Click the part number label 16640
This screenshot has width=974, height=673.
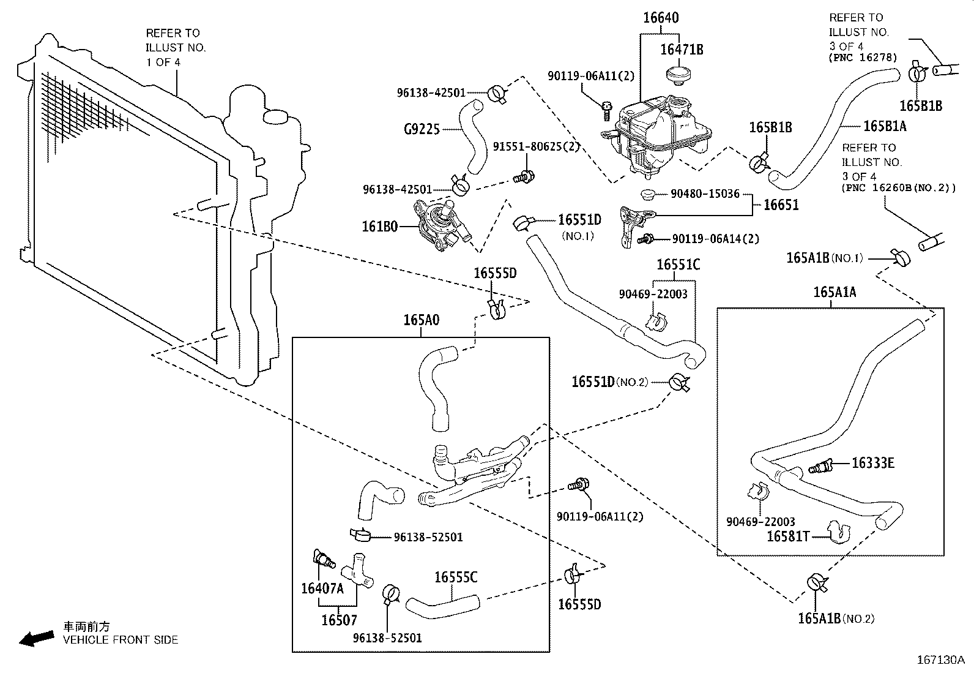[661, 18]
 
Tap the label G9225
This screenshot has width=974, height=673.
[422, 129]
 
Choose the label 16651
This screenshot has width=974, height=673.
[781, 205]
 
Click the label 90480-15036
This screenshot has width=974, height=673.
[705, 194]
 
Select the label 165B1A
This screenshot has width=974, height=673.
[885, 126]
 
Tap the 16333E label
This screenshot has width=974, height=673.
[873, 463]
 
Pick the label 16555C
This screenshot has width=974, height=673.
[456, 577]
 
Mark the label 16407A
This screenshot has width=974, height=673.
[322, 588]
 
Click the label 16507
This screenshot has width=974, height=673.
[339, 620]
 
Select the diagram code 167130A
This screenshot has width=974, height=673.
[940, 660]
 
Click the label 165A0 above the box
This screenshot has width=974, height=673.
[421, 320]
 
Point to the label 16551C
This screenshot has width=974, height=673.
[678, 265]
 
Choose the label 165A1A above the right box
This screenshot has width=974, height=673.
[835, 293]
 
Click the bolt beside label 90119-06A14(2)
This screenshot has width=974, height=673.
[646, 239]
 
